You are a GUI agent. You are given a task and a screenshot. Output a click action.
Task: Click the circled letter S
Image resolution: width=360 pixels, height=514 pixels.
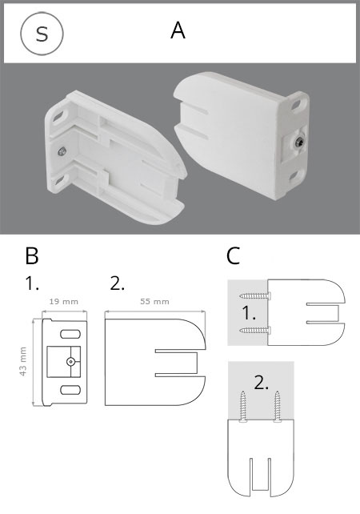(x=42, y=34)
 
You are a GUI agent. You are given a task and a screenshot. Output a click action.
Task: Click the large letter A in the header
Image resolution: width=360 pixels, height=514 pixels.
(x=178, y=31)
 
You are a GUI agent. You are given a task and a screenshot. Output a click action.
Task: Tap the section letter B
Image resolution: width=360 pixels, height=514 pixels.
(x=32, y=256)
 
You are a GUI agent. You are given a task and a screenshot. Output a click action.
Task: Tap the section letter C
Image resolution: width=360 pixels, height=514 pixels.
(x=233, y=256)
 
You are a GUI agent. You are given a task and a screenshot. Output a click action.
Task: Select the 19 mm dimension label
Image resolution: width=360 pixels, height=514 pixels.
(x=64, y=301)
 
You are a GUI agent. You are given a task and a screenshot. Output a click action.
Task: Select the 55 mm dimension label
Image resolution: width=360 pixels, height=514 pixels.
(x=154, y=301)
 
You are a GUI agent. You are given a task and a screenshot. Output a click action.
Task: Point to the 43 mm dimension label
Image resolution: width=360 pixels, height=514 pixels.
(x=22, y=361)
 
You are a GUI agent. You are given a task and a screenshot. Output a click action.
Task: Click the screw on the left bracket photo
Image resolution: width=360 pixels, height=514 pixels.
(x=62, y=151)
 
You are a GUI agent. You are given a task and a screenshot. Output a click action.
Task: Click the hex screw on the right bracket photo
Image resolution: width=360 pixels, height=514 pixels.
(x=299, y=143)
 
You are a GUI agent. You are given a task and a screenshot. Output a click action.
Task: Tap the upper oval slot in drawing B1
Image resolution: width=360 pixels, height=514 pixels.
(x=70, y=334)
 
